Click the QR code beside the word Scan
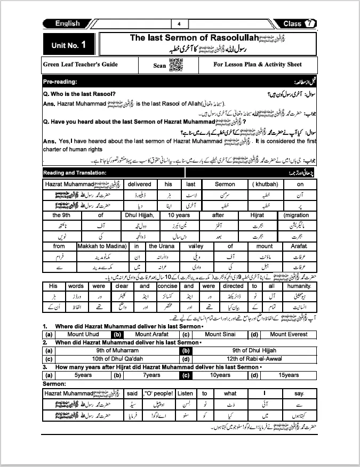tap(175, 65)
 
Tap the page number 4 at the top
tap(179, 24)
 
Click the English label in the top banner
tap(68, 23)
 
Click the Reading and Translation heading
tap(75, 173)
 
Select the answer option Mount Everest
tap(289, 334)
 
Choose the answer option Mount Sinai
tap(220, 334)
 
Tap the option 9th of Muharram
tap(117, 351)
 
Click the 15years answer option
tap(289, 375)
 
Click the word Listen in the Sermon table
tap(185, 393)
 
